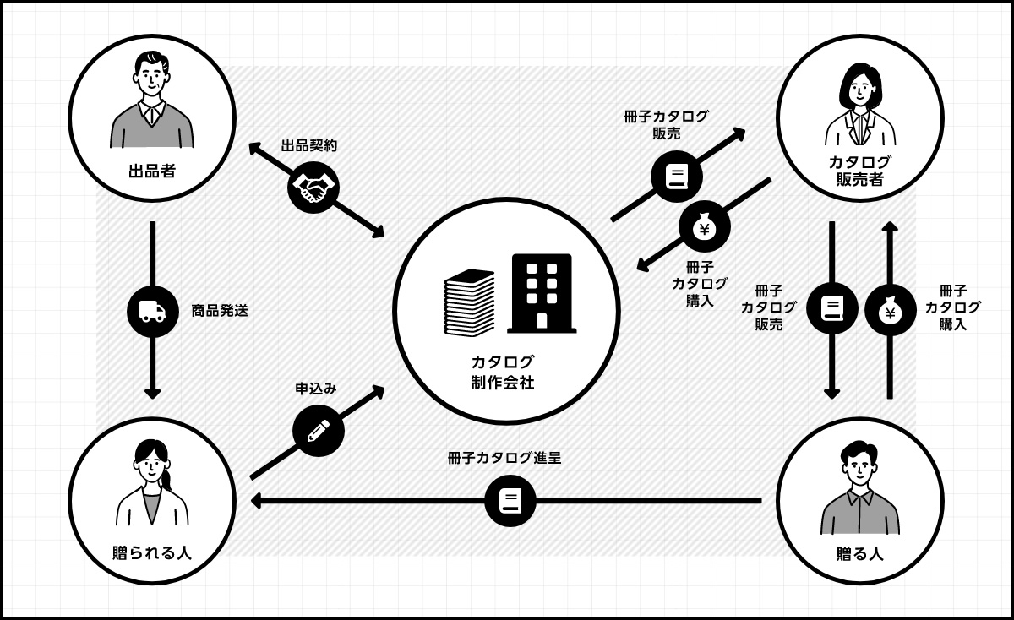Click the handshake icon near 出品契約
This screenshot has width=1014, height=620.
(313, 188)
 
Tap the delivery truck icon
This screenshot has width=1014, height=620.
(152, 311)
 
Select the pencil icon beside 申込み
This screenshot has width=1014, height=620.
(318, 431)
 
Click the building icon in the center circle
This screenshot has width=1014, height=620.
(541, 292)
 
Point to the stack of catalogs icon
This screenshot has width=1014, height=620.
(470, 302)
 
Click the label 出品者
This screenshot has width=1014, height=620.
(151, 171)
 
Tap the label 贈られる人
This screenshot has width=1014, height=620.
(152, 553)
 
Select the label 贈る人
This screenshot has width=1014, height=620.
(859, 553)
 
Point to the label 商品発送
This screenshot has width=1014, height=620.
(220, 311)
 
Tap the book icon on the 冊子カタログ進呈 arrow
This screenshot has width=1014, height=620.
(510, 501)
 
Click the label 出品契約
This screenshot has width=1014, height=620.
(309, 145)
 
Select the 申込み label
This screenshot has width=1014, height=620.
(316, 389)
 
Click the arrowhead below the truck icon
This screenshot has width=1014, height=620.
(152, 392)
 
